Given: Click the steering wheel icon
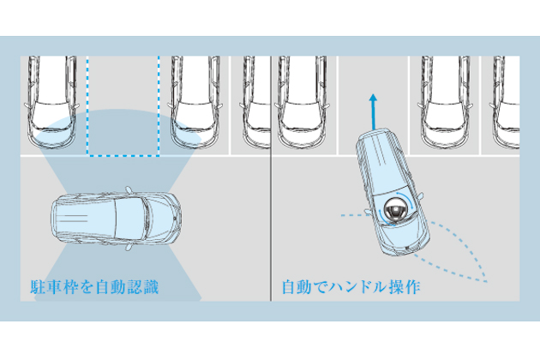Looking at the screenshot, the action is click(395, 210).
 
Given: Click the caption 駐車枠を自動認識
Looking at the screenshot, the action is click(94, 287).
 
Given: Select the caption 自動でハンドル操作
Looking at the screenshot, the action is click(351, 287).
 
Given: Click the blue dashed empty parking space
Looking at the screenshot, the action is click(123, 106).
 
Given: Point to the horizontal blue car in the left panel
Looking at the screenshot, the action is click(117, 219).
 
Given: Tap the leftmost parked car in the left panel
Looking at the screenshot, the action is click(51, 102).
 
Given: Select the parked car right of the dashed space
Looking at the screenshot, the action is click(195, 102).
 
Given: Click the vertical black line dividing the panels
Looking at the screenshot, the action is click(271, 178).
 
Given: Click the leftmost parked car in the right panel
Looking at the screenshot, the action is click(302, 102).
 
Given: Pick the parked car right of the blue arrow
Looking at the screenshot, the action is click(445, 102).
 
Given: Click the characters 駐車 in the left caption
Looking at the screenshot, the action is click(46, 287).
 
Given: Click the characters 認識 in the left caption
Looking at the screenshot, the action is click(143, 287).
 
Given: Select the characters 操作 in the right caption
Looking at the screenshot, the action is click(405, 287).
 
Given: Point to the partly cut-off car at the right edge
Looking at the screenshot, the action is click(505, 102).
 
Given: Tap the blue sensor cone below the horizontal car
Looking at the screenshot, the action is click(117, 276).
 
